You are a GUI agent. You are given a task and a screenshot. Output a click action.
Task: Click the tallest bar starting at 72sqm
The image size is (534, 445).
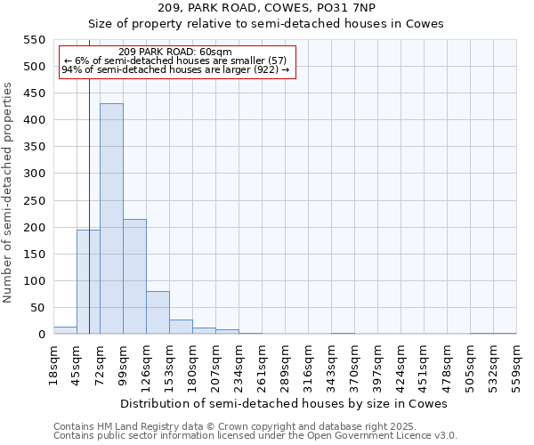point(111,219)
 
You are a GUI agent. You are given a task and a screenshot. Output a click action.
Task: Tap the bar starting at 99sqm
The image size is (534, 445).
point(134,277)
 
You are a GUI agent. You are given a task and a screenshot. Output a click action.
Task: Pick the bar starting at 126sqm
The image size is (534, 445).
point(158,312)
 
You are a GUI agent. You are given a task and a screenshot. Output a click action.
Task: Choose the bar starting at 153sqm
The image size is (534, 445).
point(181,327)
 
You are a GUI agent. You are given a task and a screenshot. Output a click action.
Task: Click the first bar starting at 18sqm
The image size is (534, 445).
point(65,330)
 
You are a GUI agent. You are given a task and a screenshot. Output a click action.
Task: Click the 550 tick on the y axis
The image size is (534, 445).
point(34,40)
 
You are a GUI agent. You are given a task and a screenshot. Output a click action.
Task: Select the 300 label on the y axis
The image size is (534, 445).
point(34,174)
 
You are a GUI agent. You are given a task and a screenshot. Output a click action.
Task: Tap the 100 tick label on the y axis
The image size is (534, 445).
point(34,281)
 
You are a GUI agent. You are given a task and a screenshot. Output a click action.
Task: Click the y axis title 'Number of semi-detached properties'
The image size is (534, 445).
point(9,192)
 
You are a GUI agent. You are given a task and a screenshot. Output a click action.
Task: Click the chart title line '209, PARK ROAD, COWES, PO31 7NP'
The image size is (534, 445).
point(267,8)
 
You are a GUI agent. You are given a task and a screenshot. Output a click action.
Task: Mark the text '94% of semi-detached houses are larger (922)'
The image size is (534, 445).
point(175,69)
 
